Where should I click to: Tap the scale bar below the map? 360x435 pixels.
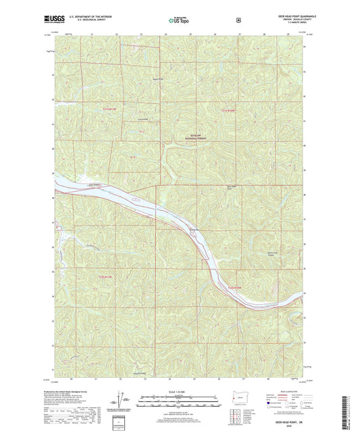[x=164, y=398]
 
